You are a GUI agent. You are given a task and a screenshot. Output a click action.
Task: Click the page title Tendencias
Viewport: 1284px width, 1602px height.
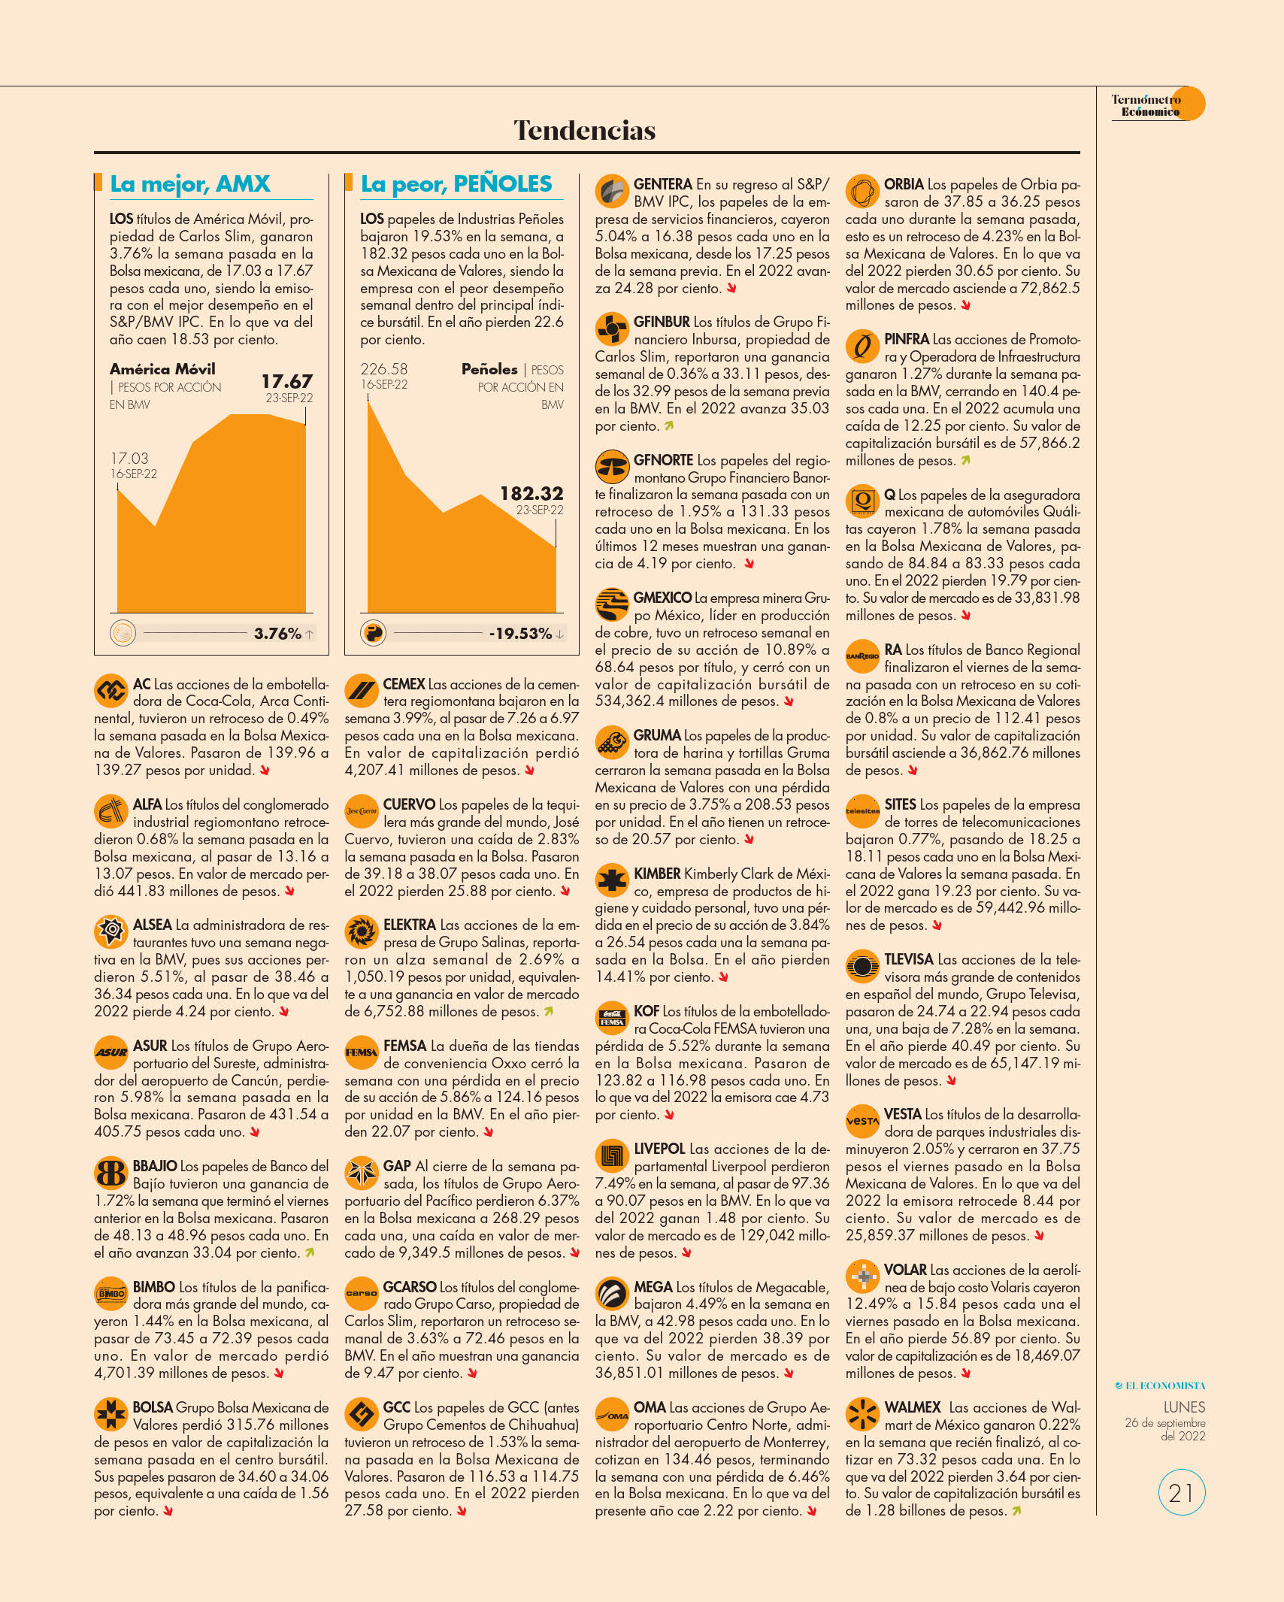click(x=584, y=130)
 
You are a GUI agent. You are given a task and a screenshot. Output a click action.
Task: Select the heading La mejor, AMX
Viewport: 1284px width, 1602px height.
click(x=190, y=184)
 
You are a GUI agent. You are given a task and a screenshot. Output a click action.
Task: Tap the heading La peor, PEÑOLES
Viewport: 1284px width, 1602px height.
click(x=456, y=184)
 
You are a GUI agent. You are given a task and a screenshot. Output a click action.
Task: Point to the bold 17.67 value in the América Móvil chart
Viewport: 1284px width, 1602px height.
click(x=286, y=381)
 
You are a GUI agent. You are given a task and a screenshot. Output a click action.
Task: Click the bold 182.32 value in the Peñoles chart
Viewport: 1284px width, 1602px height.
click(x=531, y=493)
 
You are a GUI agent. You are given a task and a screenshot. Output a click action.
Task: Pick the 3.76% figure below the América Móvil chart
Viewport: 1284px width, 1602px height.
click(x=277, y=633)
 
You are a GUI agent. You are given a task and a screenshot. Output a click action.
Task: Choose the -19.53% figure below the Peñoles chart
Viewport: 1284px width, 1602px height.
click(x=520, y=633)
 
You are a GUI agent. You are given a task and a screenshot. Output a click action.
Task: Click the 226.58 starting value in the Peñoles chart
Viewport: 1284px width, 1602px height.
click(x=383, y=369)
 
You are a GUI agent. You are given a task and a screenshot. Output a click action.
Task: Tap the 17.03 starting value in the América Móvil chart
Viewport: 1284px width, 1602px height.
click(x=129, y=458)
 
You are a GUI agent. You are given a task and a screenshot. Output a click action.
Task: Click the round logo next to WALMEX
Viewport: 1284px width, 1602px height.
click(x=862, y=1414)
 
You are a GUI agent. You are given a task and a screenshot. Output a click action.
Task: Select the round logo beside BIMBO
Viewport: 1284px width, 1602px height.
click(x=111, y=1293)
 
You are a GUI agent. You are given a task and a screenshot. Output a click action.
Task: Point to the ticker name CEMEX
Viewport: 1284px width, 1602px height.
click(x=404, y=684)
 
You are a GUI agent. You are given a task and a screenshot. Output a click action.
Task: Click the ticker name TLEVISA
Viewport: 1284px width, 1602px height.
click(x=909, y=959)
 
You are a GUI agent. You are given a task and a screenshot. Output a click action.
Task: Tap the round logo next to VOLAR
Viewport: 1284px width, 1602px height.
click(x=862, y=1276)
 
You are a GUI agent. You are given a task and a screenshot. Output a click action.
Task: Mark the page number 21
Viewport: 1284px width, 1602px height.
click(x=1181, y=1492)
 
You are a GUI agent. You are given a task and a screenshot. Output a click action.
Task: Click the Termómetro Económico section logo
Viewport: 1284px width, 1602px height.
click(x=1158, y=104)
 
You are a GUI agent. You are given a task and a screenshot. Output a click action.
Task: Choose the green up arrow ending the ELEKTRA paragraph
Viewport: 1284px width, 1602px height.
click(x=549, y=1012)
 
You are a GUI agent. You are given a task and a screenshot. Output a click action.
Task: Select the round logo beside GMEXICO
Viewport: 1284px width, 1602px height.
click(x=612, y=604)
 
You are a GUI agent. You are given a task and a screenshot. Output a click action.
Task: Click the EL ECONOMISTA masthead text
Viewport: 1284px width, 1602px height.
click(x=1160, y=1385)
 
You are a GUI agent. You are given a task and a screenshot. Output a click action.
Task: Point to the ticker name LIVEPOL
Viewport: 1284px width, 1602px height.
click(x=659, y=1149)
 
